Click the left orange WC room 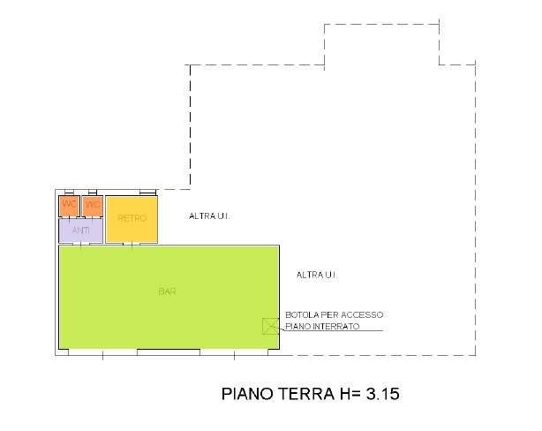click(69, 205)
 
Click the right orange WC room click(93, 205)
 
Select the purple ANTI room click(80, 230)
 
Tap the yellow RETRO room click(132, 219)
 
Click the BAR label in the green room click(166, 291)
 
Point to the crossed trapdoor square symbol click(270, 326)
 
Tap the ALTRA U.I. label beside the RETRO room click(209, 215)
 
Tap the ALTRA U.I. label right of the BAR click(317, 276)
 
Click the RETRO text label click(132, 218)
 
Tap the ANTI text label click(80, 230)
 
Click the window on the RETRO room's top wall click(147, 192)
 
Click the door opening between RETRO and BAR click(132, 245)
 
